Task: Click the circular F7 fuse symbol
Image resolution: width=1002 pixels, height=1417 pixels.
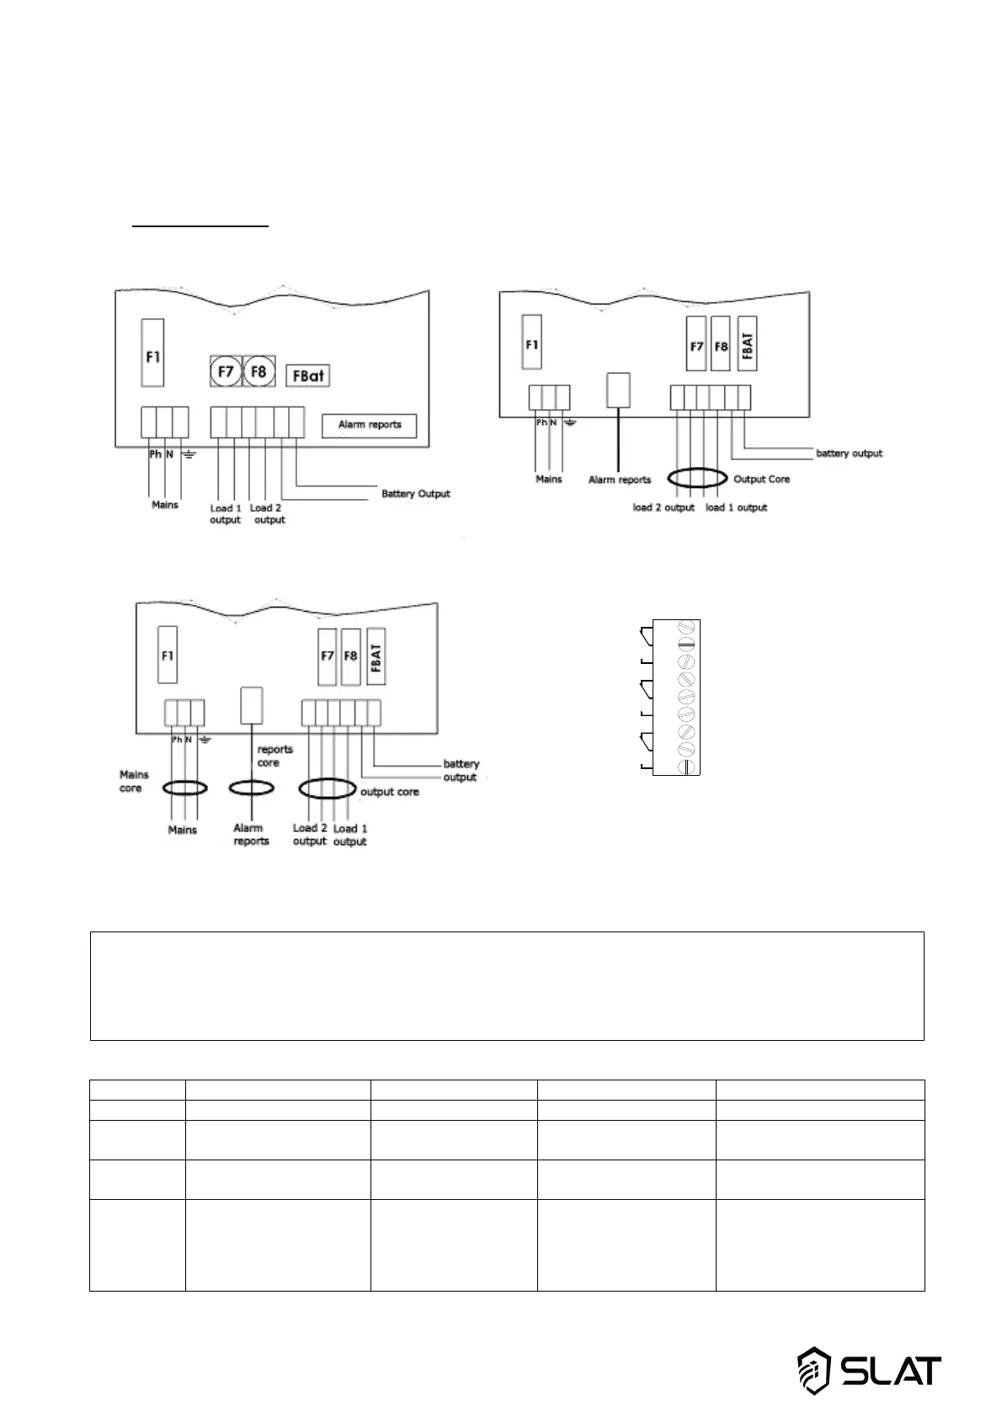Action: click(x=226, y=371)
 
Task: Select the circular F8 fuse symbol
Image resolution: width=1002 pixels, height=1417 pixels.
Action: click(x=259, y=371)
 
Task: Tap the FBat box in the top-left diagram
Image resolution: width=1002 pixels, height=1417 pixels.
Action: click(x=307, y=375)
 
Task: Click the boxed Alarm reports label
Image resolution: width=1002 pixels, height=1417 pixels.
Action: click(x=370, y=425)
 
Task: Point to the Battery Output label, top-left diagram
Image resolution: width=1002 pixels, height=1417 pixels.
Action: click(x=415, y=494)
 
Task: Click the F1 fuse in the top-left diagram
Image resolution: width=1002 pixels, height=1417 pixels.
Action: click(x=152, y=353)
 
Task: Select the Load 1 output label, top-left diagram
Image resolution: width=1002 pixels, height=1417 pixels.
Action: click(x=226, y=514)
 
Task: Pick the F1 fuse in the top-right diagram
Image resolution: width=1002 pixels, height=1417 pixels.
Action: click(x=531, y=342)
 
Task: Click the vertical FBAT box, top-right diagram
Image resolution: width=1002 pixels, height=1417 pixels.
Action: click(x=747, y=343)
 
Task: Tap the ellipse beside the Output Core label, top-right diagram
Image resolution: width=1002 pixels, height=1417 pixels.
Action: click(x=696, y=479)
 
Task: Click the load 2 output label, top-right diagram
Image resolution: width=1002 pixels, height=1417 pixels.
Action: click(x=664, y=508)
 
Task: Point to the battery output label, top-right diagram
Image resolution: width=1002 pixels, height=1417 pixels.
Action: click(x=849, y=454)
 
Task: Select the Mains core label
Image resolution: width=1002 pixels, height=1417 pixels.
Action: click(x=133, y=782)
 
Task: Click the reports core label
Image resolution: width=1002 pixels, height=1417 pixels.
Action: click(x=274, y=756)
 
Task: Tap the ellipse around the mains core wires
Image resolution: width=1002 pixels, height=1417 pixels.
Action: click(x=184, y=788)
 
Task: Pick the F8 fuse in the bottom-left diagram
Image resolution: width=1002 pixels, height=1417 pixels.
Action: click(x=350, y=656)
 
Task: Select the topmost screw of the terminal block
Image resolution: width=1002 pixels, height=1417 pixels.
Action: click(x=686, y=629)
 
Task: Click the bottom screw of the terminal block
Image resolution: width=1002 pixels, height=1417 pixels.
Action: click(x=686, y=767)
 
